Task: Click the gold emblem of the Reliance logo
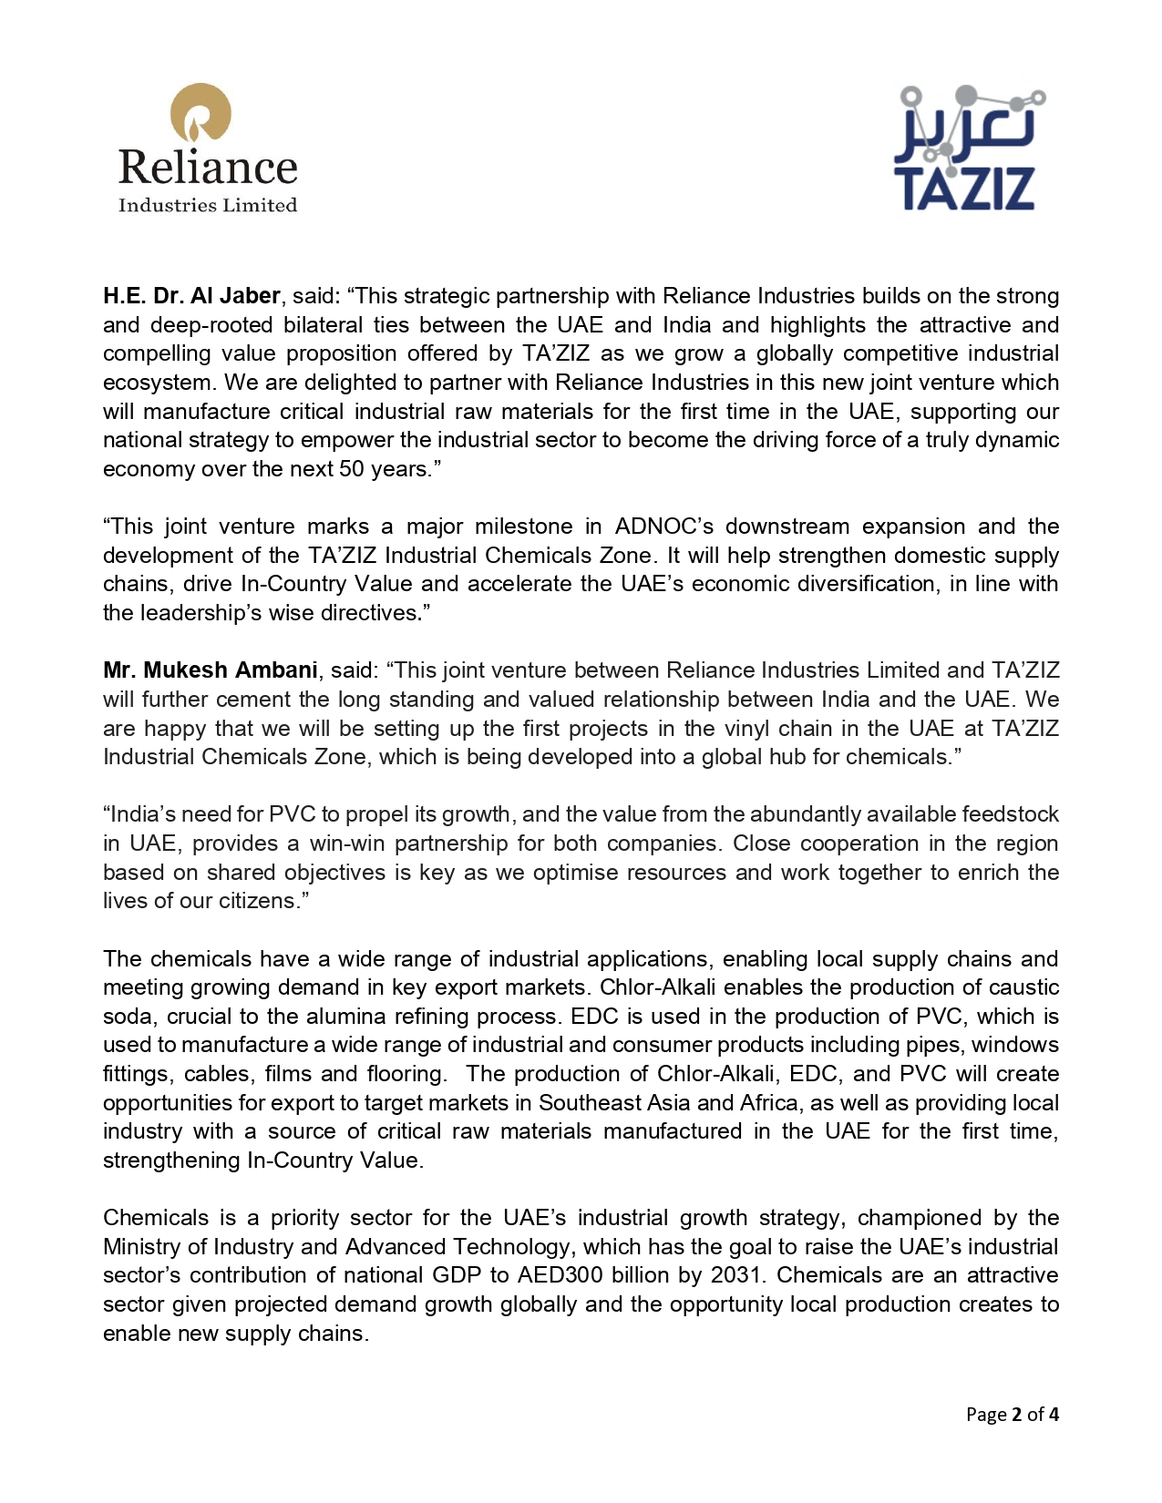(201, 113)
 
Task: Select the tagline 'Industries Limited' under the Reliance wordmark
(208, 206)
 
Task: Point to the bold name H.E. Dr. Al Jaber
(191, 296)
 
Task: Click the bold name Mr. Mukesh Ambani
(210, 670)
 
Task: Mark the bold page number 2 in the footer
(1016, 1415)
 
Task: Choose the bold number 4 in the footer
(1054, 1415)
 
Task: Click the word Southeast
(589, 1103)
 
